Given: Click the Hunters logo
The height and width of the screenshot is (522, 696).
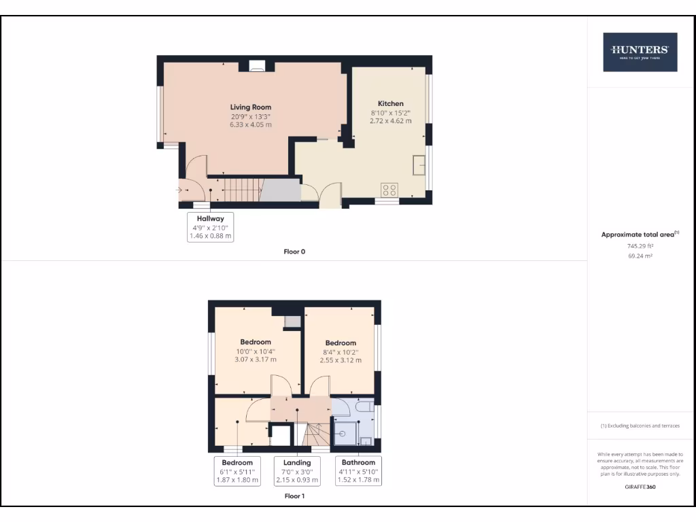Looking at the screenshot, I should pos(640,52).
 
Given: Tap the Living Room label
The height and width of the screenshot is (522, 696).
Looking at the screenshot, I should pos(251,107).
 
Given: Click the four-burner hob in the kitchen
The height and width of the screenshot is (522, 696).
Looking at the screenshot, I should pos(390,190).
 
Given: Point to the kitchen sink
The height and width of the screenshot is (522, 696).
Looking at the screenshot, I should pos(420,164).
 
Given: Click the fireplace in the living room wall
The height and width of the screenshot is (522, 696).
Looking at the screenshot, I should pos(257,66).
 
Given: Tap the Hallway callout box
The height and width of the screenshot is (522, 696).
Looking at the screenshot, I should pos(210,227).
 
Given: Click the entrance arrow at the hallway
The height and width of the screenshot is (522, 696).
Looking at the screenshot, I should pos(180,190).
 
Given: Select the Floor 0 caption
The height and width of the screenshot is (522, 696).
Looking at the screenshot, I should pos(294,251).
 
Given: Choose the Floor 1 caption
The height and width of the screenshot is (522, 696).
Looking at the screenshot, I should pos(294,496).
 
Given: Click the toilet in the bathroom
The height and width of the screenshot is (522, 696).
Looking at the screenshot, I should pos(364,407).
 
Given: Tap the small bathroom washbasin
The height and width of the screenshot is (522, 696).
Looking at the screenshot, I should pos(366,441).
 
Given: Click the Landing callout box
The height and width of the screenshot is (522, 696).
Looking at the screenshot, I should pos(297,471).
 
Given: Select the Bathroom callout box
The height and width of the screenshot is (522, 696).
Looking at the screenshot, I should pos(358,471).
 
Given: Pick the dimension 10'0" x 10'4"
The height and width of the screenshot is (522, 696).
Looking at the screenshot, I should pos(256,351).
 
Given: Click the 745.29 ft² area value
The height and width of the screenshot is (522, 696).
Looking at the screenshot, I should pos(640,246).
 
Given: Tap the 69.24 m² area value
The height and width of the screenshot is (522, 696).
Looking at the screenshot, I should pos(640,256).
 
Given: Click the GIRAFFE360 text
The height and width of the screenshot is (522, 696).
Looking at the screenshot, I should pos(640,487).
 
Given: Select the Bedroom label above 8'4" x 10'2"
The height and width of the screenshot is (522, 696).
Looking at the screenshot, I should pos(341,343).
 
